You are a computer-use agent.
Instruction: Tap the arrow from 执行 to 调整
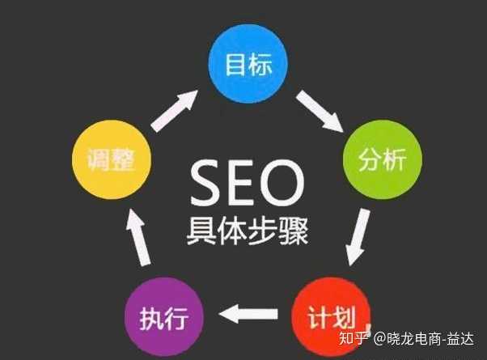138,239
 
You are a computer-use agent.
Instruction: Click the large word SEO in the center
243,183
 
